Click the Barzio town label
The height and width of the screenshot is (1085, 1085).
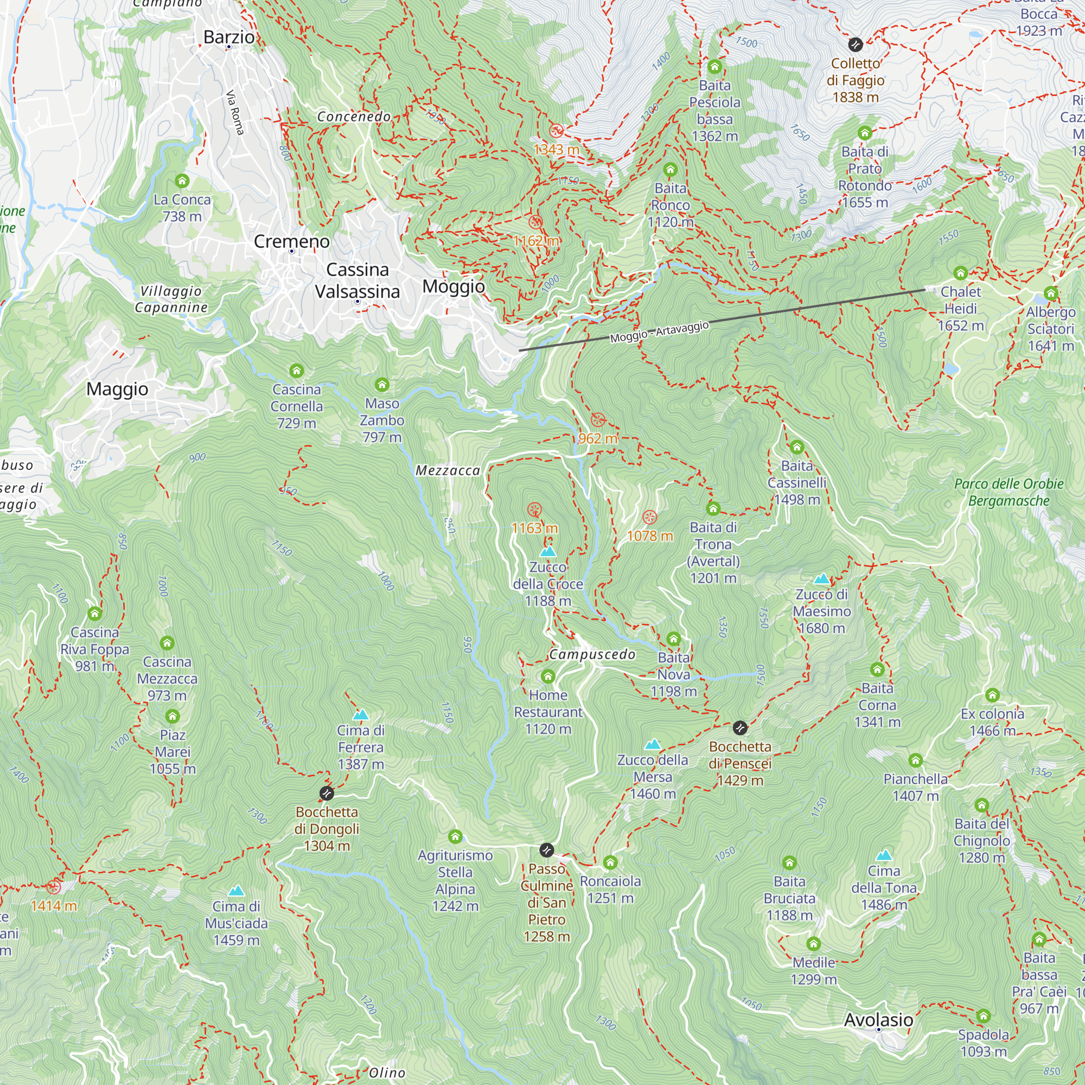click(228, 37)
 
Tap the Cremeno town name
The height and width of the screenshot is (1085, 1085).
click(291, 241)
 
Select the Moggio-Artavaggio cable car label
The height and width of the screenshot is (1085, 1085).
click(659, 332)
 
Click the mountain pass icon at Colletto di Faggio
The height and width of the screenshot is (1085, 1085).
click(856, 44)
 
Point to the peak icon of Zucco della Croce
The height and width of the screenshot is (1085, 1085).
click(547, 552)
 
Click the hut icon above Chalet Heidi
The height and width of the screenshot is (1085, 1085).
click(960, 273)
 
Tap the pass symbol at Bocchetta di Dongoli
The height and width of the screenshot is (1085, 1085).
click(326, 793)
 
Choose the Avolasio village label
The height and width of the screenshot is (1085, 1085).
click(878, 1019)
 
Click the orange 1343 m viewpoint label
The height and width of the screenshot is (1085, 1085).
click(556, 149)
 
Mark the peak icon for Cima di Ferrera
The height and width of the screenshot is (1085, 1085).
click(361, 715)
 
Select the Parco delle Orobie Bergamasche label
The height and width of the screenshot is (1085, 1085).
click(1009, 492)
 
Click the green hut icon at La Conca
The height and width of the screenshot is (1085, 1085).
click(182, 181)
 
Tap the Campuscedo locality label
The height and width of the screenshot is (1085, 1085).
click(592, 654)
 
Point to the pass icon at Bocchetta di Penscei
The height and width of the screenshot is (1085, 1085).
click(740, 728)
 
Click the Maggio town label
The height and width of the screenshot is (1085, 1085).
click(117, 389)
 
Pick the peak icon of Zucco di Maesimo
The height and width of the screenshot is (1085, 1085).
click(821, 579)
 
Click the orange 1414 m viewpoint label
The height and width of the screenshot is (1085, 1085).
click(54, 905)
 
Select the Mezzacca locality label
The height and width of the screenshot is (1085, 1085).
click(448, 470)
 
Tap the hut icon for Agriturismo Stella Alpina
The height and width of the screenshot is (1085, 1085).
click(456, 837)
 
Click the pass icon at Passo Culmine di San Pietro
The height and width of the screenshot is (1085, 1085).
click(546, 850)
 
